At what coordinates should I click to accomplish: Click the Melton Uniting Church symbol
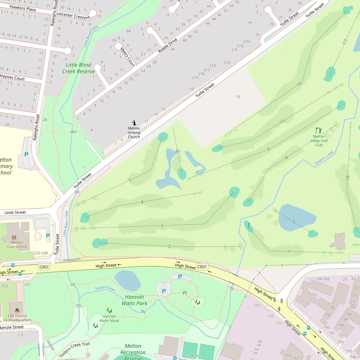pos(134,123)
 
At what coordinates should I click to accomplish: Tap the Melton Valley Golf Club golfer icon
pos(319,130)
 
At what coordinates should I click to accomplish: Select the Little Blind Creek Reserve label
pos(78,68)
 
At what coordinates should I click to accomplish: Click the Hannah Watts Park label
pos(135,300)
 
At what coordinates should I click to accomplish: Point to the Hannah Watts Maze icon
pos(109,310)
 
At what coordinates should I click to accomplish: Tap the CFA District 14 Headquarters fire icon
pos(17,310)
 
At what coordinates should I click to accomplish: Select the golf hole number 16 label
pos(299,84)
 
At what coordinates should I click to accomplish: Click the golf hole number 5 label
pos(130,180)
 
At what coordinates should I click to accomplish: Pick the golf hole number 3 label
pos(162,226)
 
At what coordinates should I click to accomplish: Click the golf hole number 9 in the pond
pos(293,222)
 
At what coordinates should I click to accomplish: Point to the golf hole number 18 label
pos(347,177)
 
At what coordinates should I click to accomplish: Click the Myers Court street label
pos(127,57)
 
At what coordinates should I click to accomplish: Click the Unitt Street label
pos(15,212)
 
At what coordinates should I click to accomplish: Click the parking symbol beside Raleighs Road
pos(26,154)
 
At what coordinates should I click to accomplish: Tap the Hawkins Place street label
pos(23,8)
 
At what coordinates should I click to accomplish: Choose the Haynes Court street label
pos(12,77)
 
